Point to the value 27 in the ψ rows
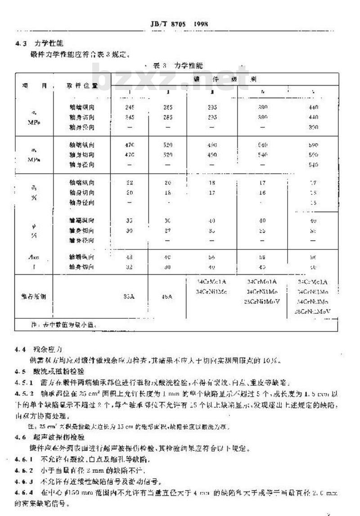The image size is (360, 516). pyautogui.click(x=167, y=231)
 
